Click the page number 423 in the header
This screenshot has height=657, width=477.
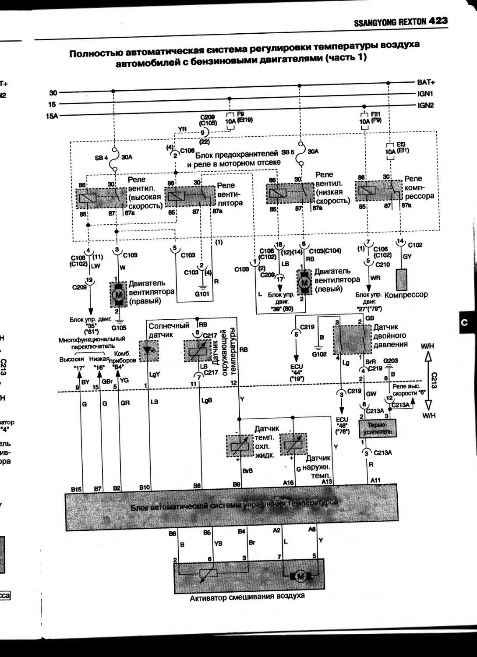pyautogui.click(x=438, y=21)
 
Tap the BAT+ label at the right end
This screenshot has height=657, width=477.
pyautogui.click(x=426, y=82)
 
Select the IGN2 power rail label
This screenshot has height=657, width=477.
pyautogui.click(x=425, y=105)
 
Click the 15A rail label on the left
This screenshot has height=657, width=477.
pyautogui.click(x=52, y=116)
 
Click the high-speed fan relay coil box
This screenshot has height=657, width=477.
pyautogui.click(x=88, y=198)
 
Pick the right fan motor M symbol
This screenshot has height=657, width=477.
pyautogui.click(x=117, y=295)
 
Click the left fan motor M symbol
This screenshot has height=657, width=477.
pyautogui.click(x=303, y=283)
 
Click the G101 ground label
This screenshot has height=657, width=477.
pyautogui.click(x=202, y=294)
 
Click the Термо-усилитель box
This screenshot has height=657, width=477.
pyautogui.click(x=377, y=428)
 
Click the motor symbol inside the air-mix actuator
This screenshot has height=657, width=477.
pyautogui.click(x=300, y=577)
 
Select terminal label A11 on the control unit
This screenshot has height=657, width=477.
pyautogui.click(x=375, y=480)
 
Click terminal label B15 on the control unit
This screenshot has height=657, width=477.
pyautogui.click(x=77, y=488)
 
